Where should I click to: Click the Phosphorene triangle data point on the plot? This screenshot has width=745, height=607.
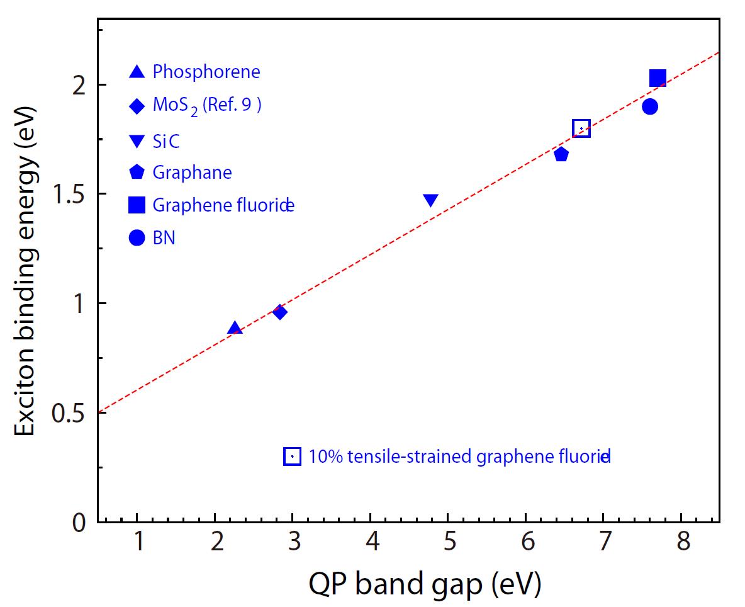[x=235, y=328]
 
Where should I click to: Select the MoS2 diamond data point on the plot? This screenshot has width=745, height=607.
[x=280, y=312]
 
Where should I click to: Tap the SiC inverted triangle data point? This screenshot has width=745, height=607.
[x=431, y=200]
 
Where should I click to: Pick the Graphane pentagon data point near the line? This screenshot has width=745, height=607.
[x=561, y=154]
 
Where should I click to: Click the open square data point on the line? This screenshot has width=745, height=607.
[x=581, y=128]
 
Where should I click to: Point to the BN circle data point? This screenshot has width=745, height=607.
[x=650, y=106]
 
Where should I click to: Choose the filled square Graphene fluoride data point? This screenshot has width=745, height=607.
[x=658, y=78]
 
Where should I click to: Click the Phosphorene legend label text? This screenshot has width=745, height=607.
[x=206, y=72]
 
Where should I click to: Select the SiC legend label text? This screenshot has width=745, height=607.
[x=166, y=141]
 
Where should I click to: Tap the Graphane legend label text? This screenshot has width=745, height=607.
[x=192, y=172]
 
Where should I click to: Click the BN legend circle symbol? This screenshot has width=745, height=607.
[x=137, y=238]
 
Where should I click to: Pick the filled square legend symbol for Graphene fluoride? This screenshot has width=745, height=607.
[x=137, y=205]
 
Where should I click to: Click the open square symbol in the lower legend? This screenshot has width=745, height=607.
[x=293, y=456]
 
